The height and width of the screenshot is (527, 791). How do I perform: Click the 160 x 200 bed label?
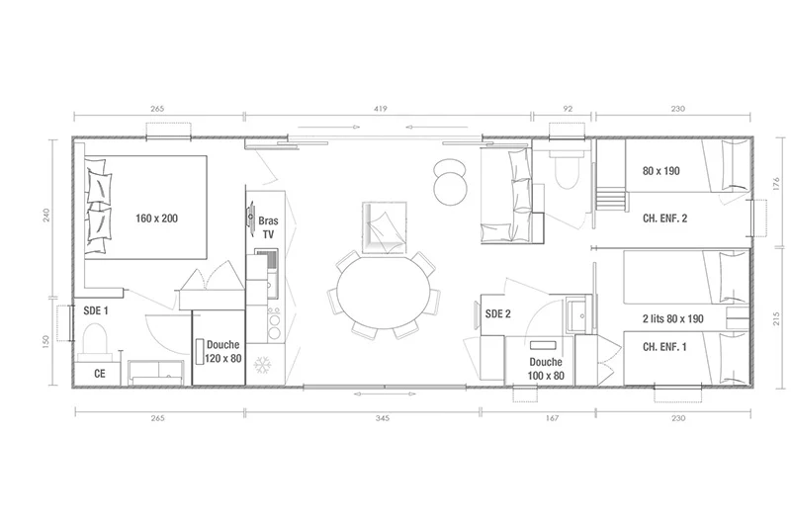click(156, 219)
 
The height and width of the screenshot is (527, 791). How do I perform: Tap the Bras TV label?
click(268, 227)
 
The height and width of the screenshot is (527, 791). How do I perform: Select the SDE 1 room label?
click(96, 310)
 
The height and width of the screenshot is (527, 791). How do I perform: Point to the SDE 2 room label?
click(498, 313)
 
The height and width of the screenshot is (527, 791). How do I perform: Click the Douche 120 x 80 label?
click(223, 352)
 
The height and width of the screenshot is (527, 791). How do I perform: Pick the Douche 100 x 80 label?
click(546, 369)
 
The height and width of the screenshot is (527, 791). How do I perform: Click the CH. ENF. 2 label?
click(664, 219)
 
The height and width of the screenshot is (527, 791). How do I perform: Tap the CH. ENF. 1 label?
click(664, 347)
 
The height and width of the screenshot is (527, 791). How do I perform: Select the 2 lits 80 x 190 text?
click(673, 318)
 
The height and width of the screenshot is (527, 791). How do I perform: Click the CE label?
click(100, 373)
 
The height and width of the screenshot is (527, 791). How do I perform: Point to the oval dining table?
click(383, 293)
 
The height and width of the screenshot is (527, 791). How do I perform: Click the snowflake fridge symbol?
click(262, 365)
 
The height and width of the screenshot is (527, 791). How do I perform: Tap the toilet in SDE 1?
click(95, 338)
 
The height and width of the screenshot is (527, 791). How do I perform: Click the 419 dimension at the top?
click(381, 109)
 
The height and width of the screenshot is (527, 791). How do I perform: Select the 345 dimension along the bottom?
click(383, 418)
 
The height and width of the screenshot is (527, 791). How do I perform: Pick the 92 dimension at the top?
click(568, 109)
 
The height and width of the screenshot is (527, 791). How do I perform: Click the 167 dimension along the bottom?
click(553, 418)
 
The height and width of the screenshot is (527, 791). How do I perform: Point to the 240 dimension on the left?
click(46, 217)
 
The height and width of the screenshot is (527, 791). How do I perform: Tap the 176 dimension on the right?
click(776, 183)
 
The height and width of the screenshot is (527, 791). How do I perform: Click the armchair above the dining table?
click(384, 227)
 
